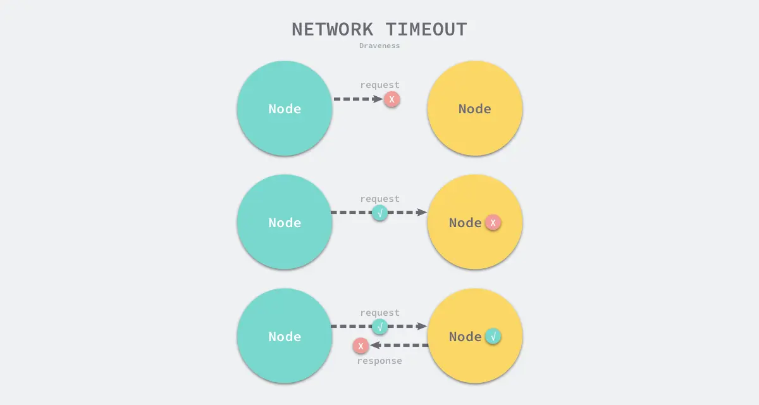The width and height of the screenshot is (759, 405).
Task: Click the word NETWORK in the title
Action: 333,30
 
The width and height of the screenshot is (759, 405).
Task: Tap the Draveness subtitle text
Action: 379,46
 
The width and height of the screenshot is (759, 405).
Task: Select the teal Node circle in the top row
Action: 285,108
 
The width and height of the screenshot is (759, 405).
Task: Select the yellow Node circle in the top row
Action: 474,108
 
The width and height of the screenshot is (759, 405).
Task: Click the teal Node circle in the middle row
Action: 285,222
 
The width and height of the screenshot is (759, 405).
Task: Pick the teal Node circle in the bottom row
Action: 285,336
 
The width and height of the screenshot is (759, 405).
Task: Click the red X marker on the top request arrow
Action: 392,99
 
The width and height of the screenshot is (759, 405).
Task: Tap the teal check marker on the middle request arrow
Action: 380,213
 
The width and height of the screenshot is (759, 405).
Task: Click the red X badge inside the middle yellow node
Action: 493,222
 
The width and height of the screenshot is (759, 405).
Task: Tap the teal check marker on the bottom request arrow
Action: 380,327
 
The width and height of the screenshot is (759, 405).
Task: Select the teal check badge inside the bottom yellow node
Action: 493,336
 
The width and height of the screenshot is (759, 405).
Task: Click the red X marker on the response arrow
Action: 361,346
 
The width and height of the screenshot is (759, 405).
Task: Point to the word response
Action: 379,361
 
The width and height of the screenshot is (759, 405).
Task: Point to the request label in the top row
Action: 379,85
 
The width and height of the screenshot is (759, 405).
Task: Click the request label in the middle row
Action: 379,199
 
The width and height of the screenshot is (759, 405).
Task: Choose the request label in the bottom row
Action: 379,313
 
